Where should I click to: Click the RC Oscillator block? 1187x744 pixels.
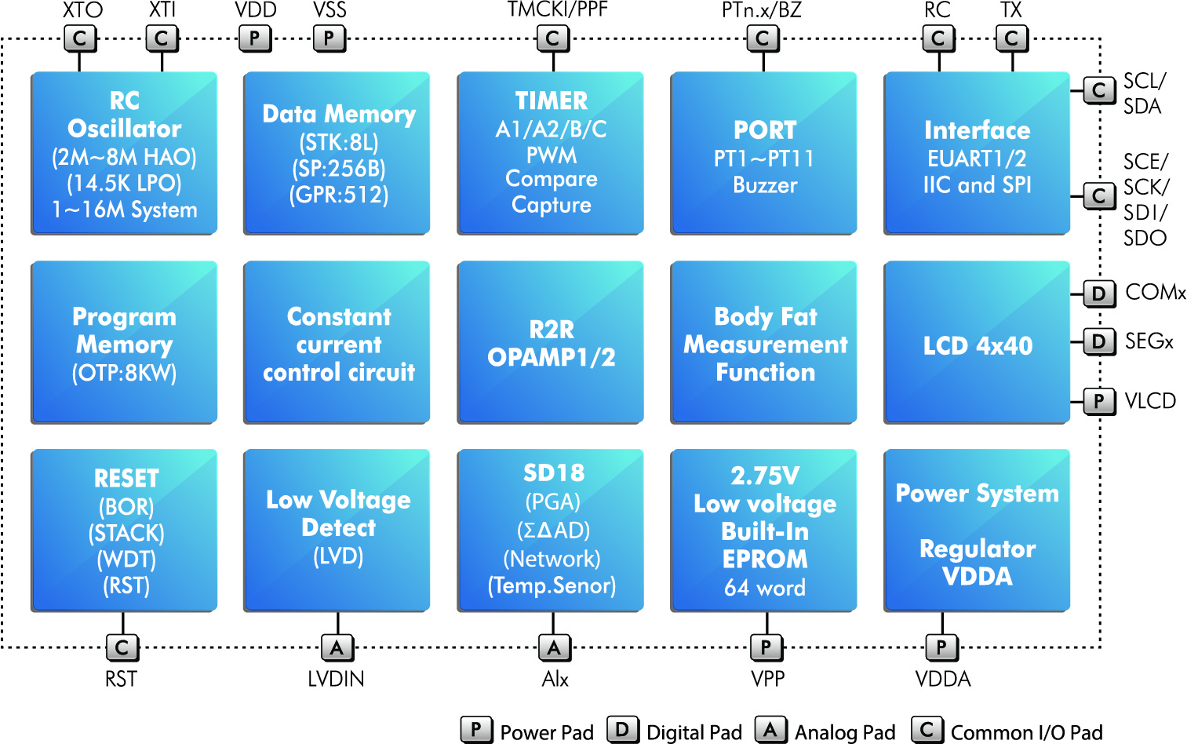[124, 153]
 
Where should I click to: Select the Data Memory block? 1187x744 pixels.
[337, 153]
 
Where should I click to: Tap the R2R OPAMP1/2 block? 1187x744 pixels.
[551, 342]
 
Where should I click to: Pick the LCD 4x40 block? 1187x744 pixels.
[977, 342]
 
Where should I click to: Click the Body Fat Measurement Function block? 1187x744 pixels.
[763, 342]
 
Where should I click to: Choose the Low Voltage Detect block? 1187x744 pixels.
[337, 531]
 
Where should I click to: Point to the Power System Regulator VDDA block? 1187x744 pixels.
[977, 531]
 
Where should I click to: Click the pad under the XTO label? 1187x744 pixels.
[80, 38]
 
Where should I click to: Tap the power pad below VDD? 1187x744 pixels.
[255, 38]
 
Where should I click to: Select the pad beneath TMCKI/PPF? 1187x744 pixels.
[553, 38]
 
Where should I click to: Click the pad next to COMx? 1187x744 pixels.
[1100, 294]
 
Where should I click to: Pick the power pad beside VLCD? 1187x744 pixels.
[1100, 401]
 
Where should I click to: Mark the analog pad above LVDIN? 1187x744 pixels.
[337, 647]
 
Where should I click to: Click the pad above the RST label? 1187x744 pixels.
[122, 647]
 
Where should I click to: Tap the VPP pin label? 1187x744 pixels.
[767, 679]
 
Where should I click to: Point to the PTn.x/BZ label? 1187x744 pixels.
[762, 10]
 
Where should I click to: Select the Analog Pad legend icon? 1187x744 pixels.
[771, 730]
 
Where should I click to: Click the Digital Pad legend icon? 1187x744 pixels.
[623, 730]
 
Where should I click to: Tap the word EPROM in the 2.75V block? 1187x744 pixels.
[765, 559]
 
